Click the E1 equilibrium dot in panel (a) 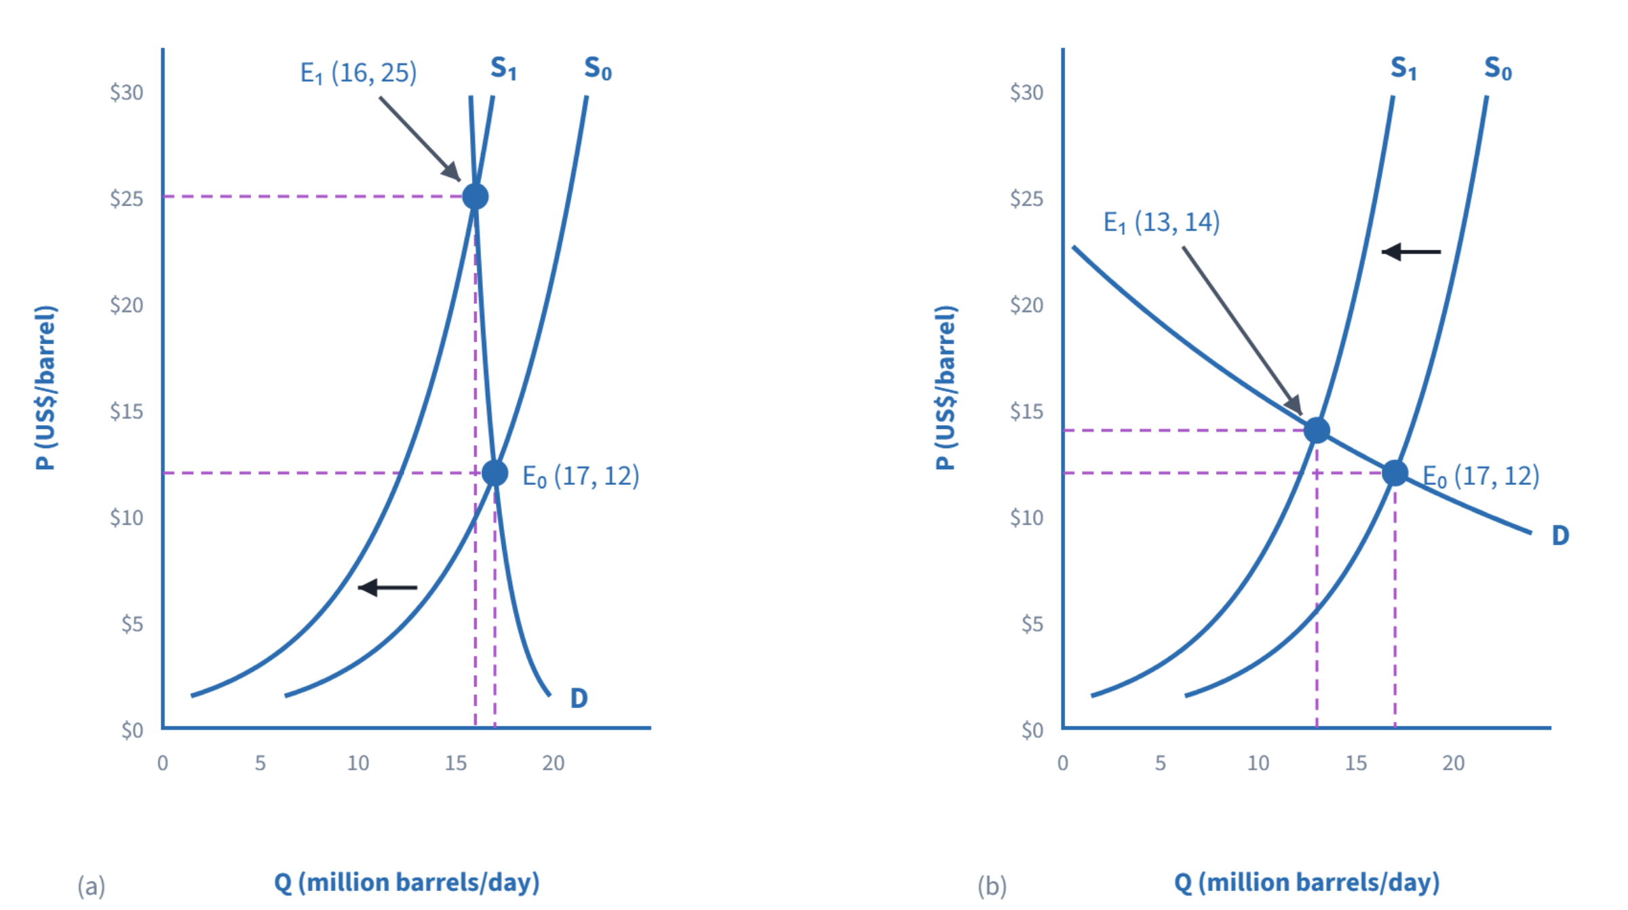pos(475,197)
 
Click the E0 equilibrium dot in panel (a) pos(495,473)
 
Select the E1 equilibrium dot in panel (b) pos(1317,430)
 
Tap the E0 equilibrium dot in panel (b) pos(1395,473)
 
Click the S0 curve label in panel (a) pos(598,68)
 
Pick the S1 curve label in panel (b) pos(1403,68)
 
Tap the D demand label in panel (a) pos(579,698)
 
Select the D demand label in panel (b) pos(1560,536)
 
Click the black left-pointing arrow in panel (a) pos(387,587)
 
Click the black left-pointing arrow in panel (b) pos(1411,252)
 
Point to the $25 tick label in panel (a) pos(127,199)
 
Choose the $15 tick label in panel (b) pos(1026,411)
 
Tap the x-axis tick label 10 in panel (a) pos(358,764)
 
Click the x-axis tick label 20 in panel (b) pos(1453,764)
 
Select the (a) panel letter pos(92,886)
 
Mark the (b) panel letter pos(992,886)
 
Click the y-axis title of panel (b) pos(946,387)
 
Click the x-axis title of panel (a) pos(407,883)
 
